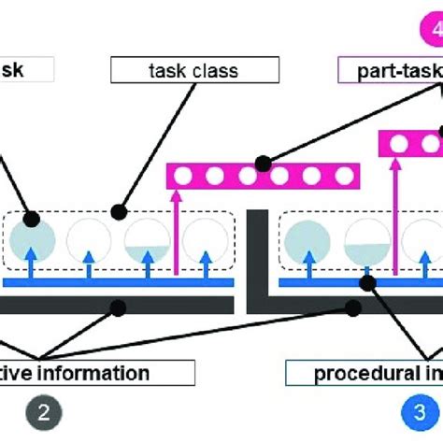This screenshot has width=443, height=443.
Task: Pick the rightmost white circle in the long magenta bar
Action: tap(346, 175)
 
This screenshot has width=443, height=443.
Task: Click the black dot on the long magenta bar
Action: tap(264, 164)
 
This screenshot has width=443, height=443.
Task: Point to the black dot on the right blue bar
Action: tap(368, 280)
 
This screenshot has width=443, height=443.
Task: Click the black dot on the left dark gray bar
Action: tap(118, 305)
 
